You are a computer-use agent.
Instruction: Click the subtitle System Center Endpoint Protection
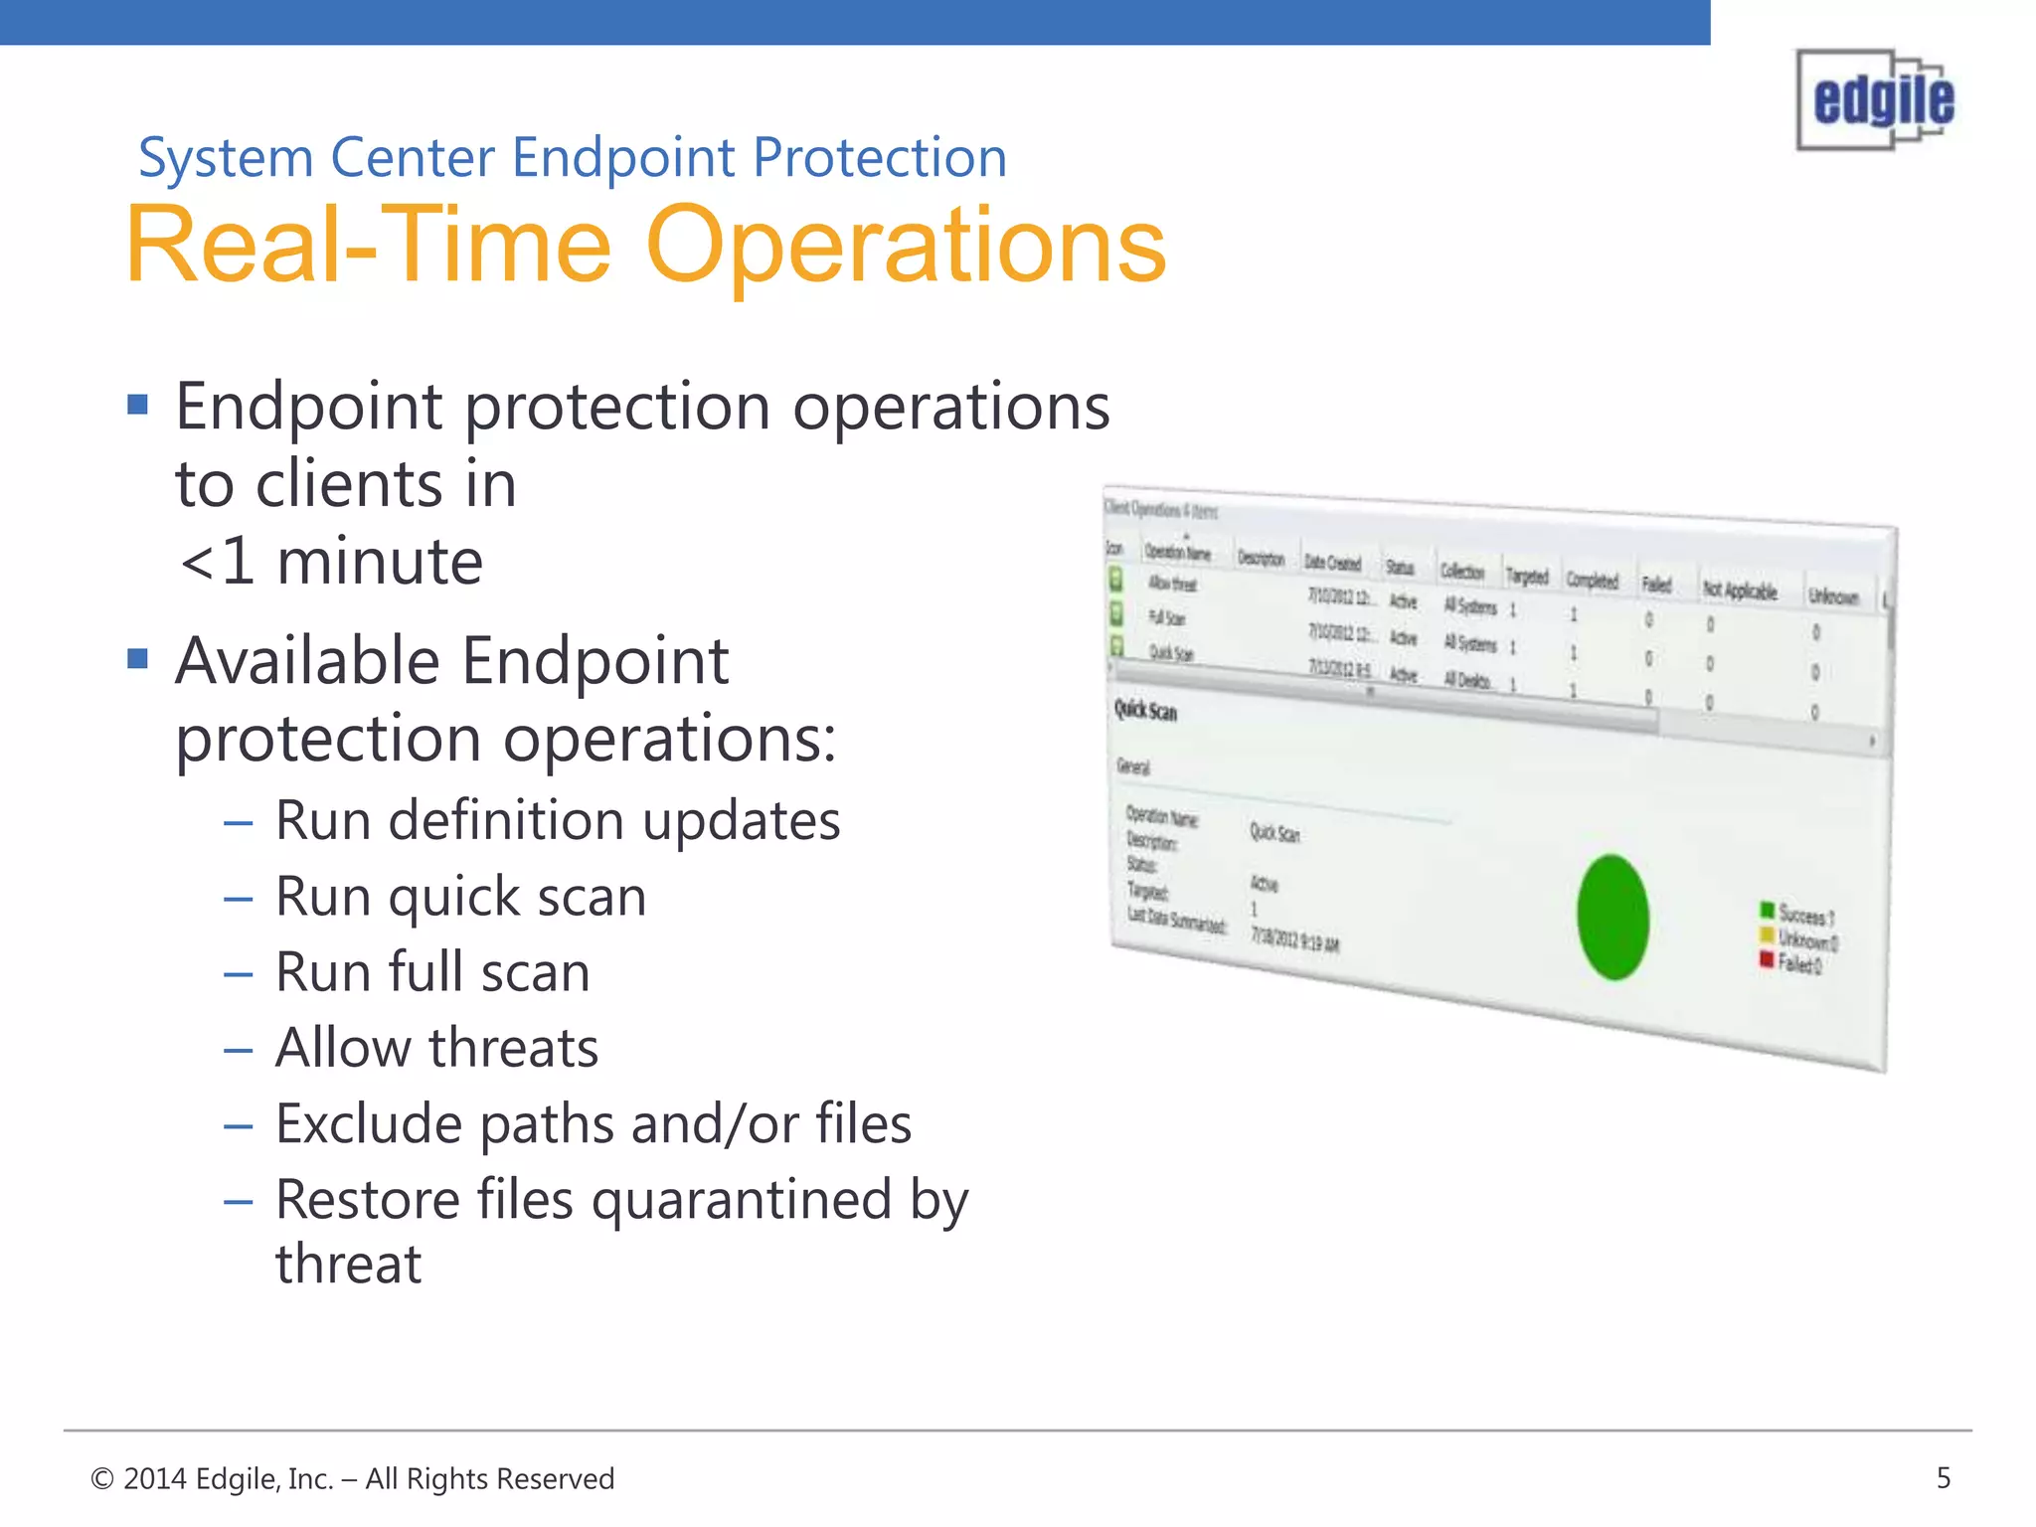click(x=573, y=158)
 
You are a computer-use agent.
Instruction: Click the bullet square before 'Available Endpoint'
click(x=138, y=658)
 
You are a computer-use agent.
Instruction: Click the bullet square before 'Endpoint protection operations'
click(x=138, y=404)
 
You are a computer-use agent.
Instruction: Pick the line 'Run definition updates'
click(x=557, y=821)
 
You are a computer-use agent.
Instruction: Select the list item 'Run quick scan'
click(x=460, y=897)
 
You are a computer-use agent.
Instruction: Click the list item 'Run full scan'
click(x=432, y=972)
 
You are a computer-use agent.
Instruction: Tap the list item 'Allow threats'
click(x=436, y=1048)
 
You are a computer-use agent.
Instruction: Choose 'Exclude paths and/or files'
click(x=593, y=1124)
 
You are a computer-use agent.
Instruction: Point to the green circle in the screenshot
click(x=1612, y=918)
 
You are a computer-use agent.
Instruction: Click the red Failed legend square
click(x=1767, y=959)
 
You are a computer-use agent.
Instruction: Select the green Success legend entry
click(x=1795, y=913)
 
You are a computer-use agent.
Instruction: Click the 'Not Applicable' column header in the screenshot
click(x=1740, y=591)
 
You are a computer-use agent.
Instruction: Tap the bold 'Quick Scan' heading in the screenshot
click(x=1145, y=711)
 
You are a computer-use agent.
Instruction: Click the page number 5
click(x=1944, y=1478)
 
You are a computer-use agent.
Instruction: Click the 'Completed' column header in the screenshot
click(x=1593, y=581)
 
